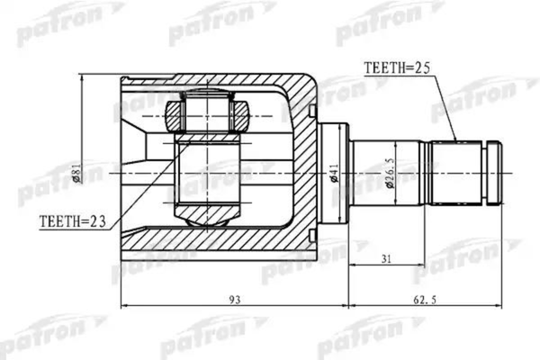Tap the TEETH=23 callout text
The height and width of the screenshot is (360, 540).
coord(73,219)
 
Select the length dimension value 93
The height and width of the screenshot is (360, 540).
coord(233,300)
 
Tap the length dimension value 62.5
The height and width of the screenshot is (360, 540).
coord(427,300)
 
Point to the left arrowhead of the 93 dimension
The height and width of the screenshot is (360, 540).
coord(124,306)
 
